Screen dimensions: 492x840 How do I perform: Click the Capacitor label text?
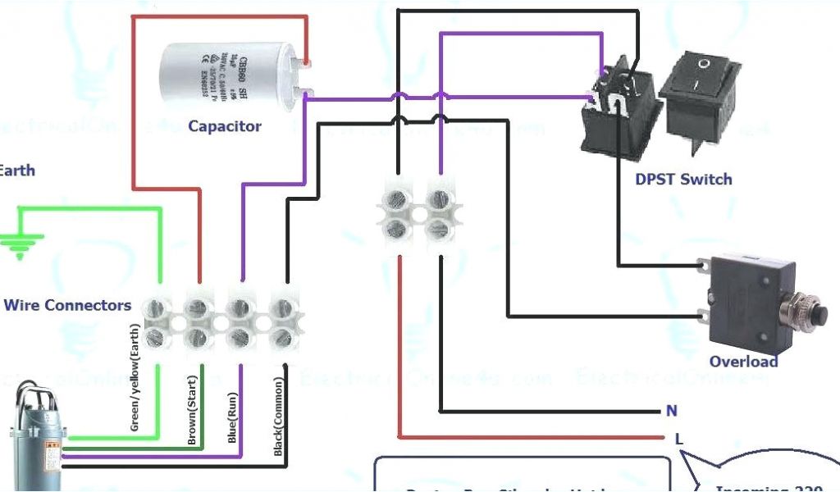224,126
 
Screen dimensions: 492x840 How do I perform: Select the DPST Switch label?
683,179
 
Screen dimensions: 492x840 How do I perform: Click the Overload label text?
743,362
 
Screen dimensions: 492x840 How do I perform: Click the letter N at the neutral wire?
672,411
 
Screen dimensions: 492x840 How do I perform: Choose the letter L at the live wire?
678,439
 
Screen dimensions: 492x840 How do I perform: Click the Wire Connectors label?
67,305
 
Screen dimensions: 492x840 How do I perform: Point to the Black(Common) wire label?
279,417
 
